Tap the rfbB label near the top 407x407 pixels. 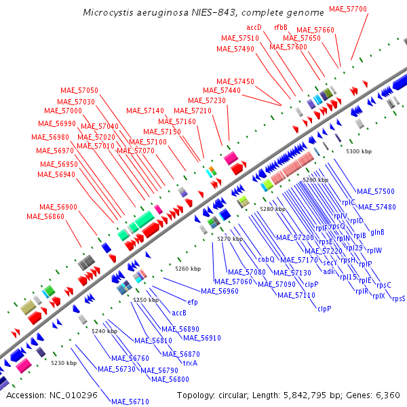point(281,27)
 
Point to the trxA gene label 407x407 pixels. point(191,363)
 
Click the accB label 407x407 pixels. point(179,313)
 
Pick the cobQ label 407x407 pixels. point(266,258)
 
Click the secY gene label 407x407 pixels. point(330,263)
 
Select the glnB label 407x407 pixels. point(377,232)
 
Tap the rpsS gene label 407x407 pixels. point(398,298)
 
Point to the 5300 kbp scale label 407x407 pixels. point(359,151)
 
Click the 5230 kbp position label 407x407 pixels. point(64,363)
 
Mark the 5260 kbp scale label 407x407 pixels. point(188,269)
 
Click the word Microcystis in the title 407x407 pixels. point(106,13)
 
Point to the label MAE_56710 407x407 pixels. point(130,402)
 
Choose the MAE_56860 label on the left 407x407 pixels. point(45,216)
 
